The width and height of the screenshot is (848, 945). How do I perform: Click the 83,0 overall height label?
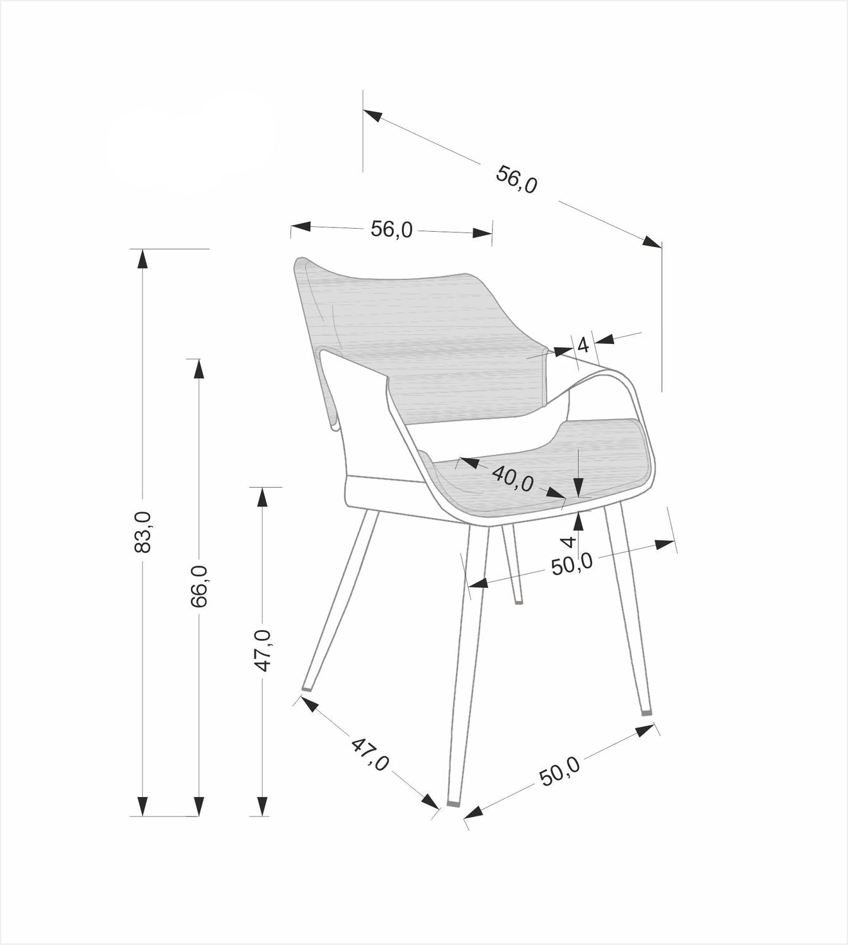pos(143,532)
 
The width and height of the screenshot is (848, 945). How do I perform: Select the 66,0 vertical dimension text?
pos(199,586)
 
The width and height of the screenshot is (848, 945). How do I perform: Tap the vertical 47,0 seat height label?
pos(263,650)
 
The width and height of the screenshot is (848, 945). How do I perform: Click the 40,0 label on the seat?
pos(512,478)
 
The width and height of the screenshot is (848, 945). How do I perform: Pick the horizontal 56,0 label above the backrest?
pos(391,230)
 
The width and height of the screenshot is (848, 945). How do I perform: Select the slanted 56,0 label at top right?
pos(517,179)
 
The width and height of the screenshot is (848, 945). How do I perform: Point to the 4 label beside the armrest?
pos(583,345)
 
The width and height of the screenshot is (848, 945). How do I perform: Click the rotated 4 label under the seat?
pos(569,541)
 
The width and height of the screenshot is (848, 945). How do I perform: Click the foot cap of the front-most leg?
pos(454,804)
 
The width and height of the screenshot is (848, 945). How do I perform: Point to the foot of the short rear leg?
pos(519,602)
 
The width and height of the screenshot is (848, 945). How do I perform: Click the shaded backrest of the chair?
pos(435,340)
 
